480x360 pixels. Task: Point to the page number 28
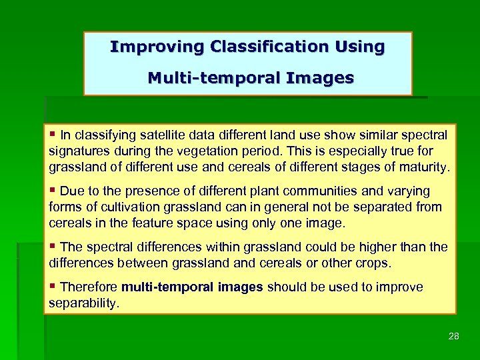pyautogui.click(x=454, y=336)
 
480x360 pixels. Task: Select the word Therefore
pyautogui.click(x=89, y=287)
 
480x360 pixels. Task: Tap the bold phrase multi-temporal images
pyautogui.click(x=193, y=287)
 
